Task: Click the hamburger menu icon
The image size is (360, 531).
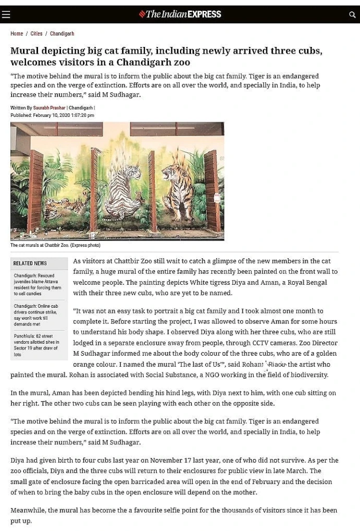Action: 6,15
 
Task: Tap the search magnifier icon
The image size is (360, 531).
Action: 352,15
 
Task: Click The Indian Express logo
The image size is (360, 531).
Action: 180,14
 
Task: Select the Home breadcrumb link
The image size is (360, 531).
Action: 17,33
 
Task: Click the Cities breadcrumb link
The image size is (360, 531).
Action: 37,33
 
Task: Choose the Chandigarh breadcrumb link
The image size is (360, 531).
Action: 62,33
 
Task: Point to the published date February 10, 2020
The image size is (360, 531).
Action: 53,115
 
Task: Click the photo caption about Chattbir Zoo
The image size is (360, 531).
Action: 55,245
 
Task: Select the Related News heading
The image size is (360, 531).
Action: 30,263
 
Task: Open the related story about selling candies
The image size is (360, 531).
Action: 38,285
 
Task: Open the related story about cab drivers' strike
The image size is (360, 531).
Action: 38,315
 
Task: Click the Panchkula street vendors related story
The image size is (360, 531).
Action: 38,345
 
